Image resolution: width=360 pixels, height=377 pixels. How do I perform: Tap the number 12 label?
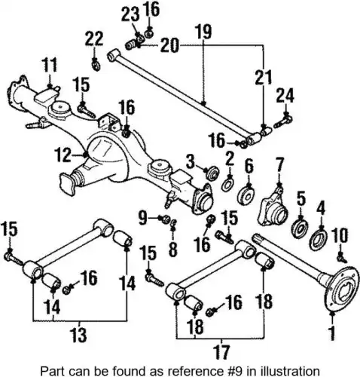(63, 155)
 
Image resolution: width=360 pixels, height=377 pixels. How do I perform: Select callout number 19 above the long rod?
(203, 32)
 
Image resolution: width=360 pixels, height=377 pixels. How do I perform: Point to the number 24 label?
(285, 96)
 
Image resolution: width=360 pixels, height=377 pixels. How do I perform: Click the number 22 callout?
(94, 38)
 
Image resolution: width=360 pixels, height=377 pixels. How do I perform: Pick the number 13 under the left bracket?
(79, 335)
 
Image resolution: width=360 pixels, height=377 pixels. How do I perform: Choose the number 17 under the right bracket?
(221, 352)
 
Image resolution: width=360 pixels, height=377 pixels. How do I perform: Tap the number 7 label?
(279, 164)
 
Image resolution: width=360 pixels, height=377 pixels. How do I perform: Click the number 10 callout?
(340, 236)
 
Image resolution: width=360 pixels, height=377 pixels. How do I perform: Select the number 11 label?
(50, 65)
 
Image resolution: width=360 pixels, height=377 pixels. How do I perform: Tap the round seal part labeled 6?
(246, 195)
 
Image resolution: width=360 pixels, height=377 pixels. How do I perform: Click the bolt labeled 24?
(283, 121)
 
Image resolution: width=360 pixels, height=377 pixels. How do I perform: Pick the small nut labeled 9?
(166, 219)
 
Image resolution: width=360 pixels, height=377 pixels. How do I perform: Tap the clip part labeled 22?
(96, 66)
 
